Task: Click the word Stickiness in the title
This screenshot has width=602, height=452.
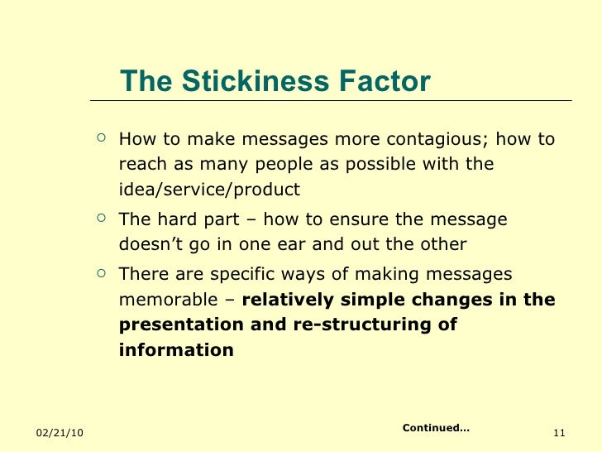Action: tap(248, 82)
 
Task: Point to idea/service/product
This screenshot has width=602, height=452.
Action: tap(209, 190)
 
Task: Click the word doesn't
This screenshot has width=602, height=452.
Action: tap(150, 245)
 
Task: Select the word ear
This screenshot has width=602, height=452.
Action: tap(324, 245)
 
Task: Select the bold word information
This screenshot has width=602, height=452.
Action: tap(176, 351)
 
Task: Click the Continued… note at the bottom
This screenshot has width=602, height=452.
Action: tap(435, 428)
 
